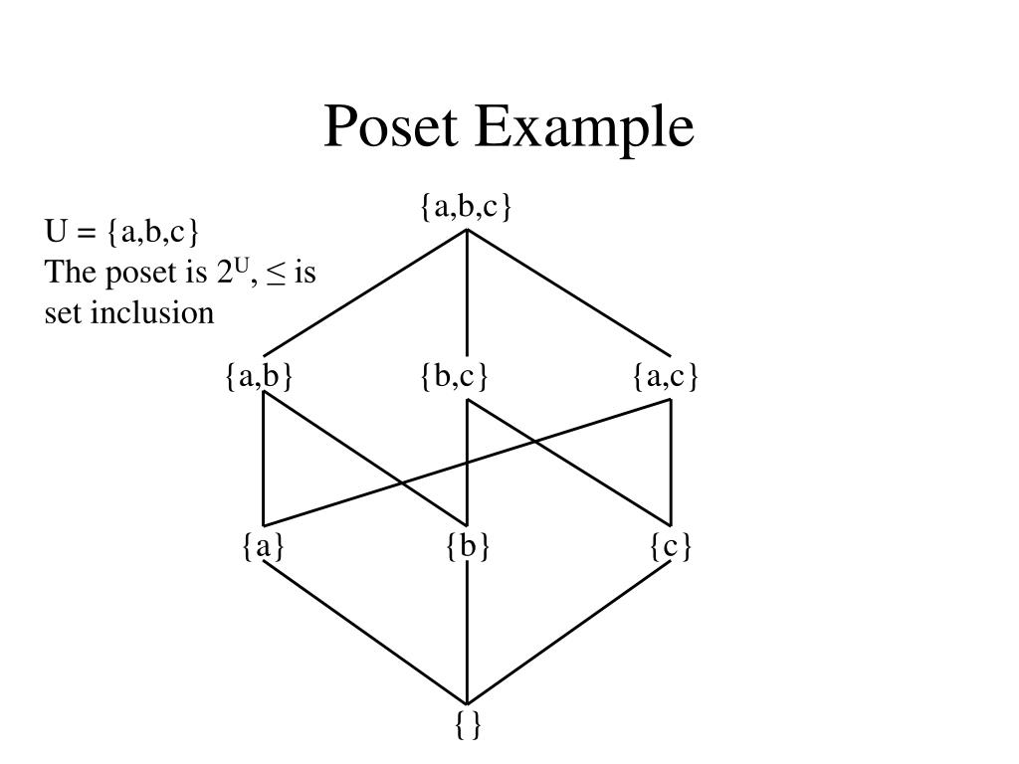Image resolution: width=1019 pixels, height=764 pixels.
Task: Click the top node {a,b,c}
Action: point(466,207)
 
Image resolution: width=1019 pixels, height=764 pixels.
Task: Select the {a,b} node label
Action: point(259,377)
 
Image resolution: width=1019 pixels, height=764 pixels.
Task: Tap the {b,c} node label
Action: point(455,377)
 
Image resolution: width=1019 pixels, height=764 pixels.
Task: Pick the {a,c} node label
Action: point(666,377)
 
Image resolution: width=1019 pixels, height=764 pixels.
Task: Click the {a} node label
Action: point(263,546)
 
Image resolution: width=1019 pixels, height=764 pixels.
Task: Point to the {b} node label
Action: point(468,546)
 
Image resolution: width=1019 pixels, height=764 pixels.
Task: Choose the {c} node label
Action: point(671,546)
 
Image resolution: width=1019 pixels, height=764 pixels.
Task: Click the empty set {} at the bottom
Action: point(468,725)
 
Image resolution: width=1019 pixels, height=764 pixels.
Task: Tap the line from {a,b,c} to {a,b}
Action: point(365,293)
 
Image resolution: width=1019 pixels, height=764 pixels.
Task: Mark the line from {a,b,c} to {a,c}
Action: point(569,293)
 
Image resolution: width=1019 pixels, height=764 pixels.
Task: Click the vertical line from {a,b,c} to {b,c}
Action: point(467,293)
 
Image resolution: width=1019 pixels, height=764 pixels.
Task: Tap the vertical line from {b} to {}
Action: point(467,637)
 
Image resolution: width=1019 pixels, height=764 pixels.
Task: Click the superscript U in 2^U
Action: point(240,265)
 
